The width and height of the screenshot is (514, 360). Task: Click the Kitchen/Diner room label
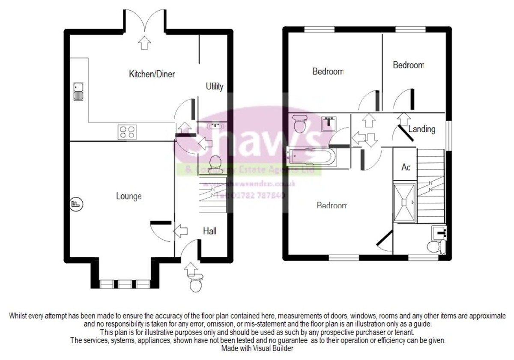tap(152, 74)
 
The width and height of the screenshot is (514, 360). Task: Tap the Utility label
tap(215, 86)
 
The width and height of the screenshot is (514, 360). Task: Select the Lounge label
tap(129, 196)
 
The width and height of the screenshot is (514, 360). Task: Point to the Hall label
tap(209, 231)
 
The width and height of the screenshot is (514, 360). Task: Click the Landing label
tap(422, 129)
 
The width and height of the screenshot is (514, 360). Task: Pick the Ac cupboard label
tap(406, 167)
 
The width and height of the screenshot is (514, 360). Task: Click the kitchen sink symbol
tap(78, 91)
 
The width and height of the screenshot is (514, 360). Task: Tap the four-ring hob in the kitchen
tap(127, 131)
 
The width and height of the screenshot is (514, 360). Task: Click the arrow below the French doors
tap(145, 42)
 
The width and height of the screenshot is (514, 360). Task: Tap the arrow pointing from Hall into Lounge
tap(181, 232)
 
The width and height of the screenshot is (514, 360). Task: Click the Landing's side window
tap(448, 135)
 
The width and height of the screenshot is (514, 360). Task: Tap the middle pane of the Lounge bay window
tap(125, 284)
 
